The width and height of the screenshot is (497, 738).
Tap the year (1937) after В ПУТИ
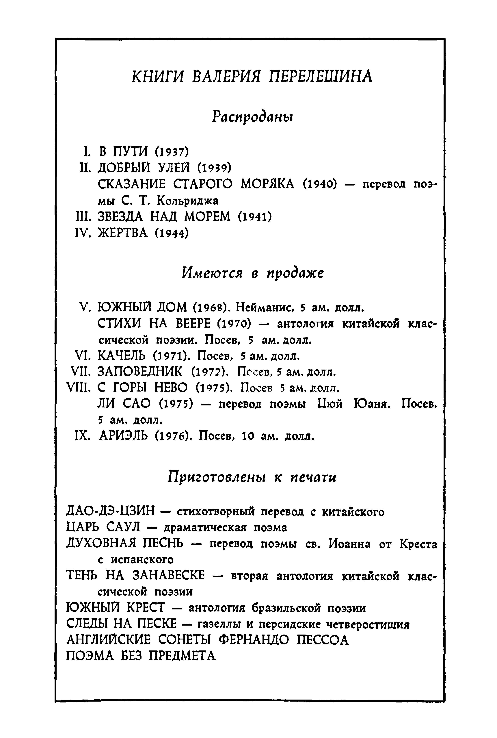coord(172,152)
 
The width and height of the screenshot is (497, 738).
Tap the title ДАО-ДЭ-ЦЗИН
coord(111,511)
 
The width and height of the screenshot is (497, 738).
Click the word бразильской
coord(285,608)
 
